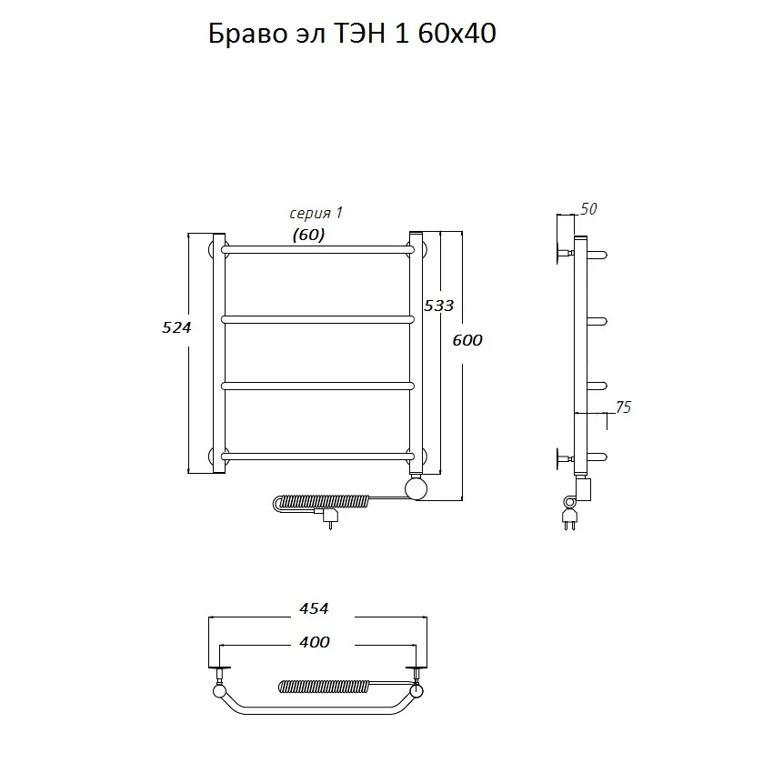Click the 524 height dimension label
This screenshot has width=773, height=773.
click(176, 327)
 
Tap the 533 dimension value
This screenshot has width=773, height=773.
click(438, 306)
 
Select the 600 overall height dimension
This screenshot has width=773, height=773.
click(467, 340)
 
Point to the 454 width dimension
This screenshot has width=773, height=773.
click(314, 608)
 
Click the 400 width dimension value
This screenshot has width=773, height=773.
click(314, 642)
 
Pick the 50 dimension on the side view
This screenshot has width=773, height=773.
click(588, 209)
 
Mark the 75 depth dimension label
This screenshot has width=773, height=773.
click(623, 407)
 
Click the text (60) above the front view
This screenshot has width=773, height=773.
click(308, 236)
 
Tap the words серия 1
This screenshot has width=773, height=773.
click(316, 214)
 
